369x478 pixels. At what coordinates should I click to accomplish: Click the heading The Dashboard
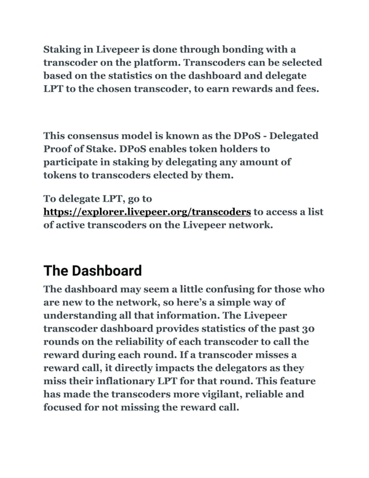(x=93, y=271)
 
